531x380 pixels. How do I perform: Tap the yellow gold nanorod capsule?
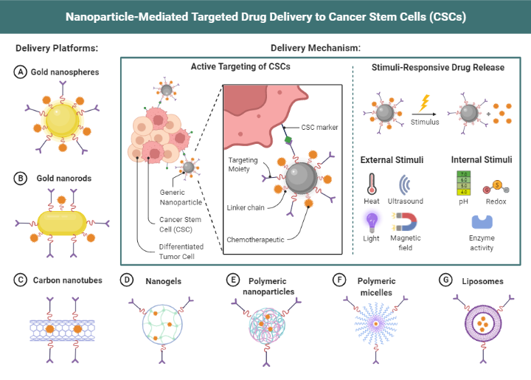click(x=62, y=221)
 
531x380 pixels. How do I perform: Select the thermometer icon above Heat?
click(x=371, y=182)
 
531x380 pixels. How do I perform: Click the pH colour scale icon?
click(x=465, y=182)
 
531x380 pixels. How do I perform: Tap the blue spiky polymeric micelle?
click(x=378, y=325)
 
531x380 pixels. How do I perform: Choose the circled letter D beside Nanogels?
click(x=127, y=280)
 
